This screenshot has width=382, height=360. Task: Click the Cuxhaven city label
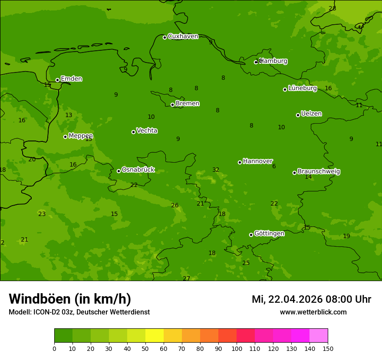(x=183, y=36)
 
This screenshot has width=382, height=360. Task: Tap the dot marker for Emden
(x=57, y=80)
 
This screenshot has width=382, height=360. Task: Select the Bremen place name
(x=188, y=104)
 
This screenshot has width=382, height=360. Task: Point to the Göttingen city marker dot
(x=251, y=235)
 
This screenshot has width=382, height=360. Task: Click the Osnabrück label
(x=138, y=170)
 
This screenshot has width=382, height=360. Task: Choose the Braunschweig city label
(x=319, y=172)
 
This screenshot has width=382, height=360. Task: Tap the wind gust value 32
(x=216, y=170)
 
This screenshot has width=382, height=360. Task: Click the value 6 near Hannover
(x=274, y=167)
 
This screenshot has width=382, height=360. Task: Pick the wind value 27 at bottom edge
(x=186, y=278)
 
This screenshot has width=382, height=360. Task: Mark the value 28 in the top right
(x=332, y=9)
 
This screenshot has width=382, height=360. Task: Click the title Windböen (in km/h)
(x=70, y=299)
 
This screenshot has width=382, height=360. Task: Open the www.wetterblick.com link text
(x=313, y=312)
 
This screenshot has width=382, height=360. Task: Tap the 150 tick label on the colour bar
(x=328, y=349)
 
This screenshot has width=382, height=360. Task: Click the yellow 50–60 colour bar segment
(x=155, y=336)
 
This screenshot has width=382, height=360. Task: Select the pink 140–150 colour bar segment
(x=319, y=336)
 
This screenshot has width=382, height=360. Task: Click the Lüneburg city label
(x=302, y=88)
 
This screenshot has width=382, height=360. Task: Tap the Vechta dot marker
(x=133, y=132)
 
